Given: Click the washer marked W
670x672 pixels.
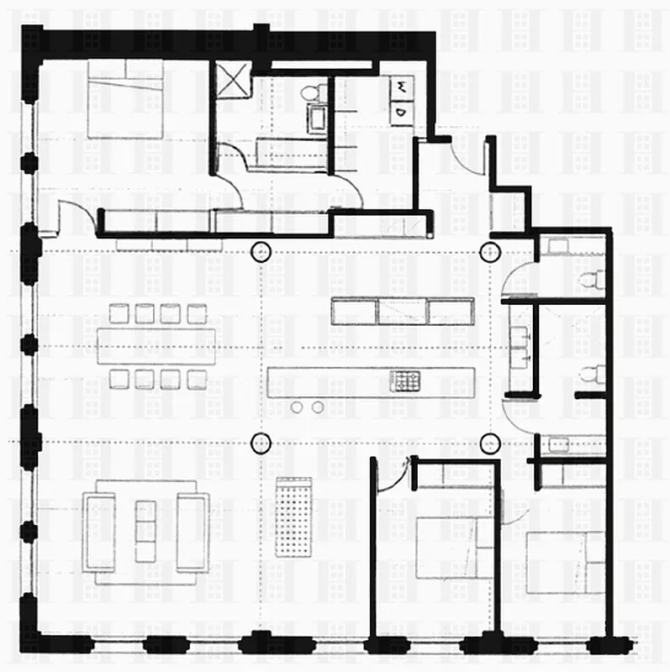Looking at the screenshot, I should tap(403, 87).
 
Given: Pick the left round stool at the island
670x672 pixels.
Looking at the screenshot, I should tap(297, 407).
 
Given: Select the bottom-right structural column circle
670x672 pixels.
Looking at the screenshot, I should tap(489, 441).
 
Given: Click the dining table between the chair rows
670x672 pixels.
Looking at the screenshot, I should tap(156, 345).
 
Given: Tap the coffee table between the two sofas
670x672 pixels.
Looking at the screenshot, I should tap(145, 531).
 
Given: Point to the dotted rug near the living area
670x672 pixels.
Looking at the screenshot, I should tap(293, 516).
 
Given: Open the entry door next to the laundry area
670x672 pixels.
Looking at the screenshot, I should tap(467, 155).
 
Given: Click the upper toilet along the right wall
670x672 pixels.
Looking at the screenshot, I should tap(595, 279).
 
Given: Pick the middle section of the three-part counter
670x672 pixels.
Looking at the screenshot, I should tap(403, 311).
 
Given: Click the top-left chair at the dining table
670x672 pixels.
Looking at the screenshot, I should tap(119, 313).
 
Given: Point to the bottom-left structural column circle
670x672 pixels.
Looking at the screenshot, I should tap(261, 441).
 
